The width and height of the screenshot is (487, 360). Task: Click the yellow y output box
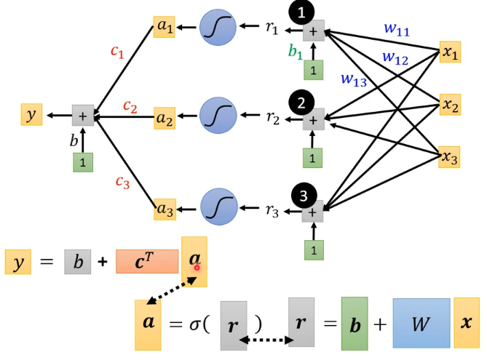point(31,115)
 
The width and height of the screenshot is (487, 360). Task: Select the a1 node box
point(165,28)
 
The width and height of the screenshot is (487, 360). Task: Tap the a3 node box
point(165,209)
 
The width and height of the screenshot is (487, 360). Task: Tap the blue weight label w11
point(396,30)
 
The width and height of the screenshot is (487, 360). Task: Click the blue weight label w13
point(354,80)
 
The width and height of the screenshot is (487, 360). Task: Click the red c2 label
point(130,107)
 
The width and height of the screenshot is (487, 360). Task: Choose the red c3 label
point(122,182)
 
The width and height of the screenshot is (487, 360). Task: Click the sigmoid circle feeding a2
point(218,116)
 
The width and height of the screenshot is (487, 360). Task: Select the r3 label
point(272,212)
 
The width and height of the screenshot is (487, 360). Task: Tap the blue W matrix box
point(421,323)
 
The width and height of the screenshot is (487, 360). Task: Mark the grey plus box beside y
point(82,115)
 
